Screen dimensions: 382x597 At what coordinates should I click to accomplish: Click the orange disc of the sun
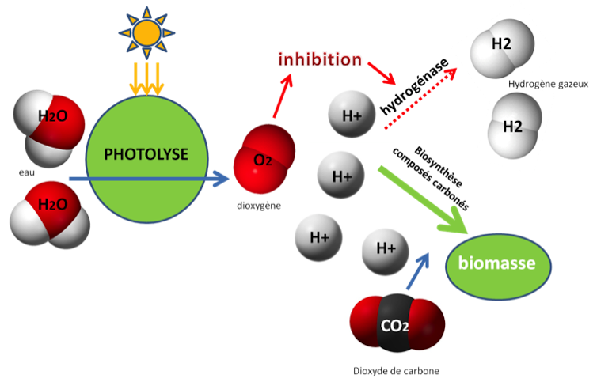point(146,32)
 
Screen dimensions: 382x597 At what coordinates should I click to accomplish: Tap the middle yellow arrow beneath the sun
point(146,78)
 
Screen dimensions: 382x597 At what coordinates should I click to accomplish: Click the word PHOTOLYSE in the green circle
point(146,154)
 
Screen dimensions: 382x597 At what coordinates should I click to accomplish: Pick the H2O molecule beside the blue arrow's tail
point(49,211)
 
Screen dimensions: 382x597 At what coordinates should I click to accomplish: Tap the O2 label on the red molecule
point(262,161)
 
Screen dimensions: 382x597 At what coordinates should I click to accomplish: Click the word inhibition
point(319,59)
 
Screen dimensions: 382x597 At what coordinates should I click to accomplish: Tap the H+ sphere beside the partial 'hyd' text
point(351,115)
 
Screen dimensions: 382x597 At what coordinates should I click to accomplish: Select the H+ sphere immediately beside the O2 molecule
point(340,176)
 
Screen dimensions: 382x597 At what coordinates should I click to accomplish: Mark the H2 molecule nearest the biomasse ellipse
point(513,127)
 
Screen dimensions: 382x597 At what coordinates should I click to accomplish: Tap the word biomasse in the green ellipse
point(497,264)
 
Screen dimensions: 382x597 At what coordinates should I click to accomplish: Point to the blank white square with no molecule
point(279,342)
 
